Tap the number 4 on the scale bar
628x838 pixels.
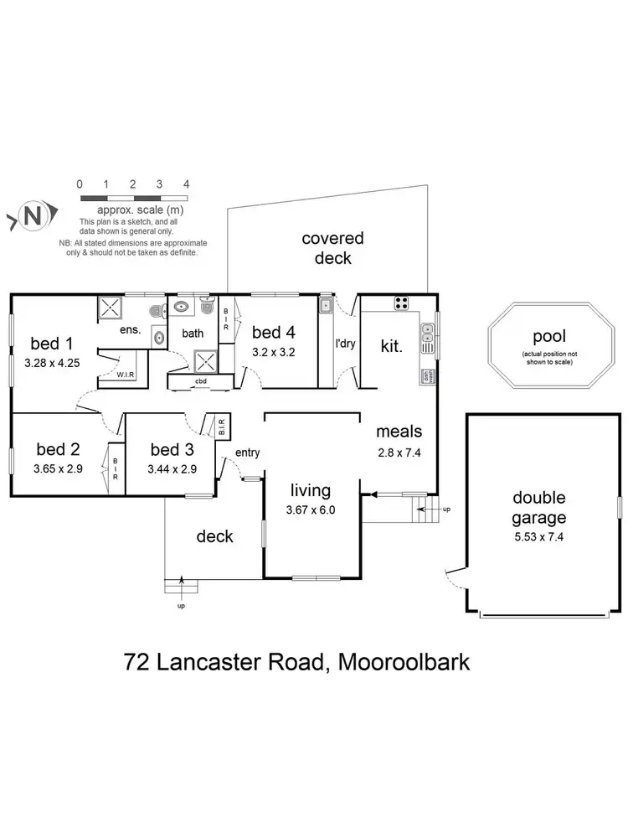pos(187,184)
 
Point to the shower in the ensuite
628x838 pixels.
pos(111,309)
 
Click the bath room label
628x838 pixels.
pos(193,333)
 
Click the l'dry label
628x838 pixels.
pos(345,344)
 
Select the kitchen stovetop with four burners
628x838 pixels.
pos(401,303)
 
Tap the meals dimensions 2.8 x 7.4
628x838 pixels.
pos(399,453)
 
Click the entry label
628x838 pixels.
pos(248,453)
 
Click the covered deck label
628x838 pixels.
pos(332,248)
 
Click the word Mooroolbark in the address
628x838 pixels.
pos(402,662)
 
